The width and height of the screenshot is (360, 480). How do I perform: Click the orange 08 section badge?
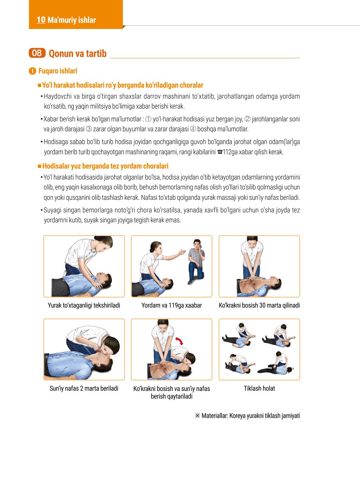[37, 53]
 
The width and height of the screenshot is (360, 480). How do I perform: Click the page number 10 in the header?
[41, 20]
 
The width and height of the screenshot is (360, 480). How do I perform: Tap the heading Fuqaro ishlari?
[58, 71]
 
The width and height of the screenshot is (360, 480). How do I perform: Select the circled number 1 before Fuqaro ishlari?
[32, 71]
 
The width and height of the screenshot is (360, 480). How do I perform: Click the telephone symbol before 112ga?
[220, 152]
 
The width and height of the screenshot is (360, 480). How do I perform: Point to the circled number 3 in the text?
[89, 129]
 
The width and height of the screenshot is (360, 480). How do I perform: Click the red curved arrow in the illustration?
[179, 341]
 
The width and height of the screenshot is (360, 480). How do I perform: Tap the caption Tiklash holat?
[259, 389]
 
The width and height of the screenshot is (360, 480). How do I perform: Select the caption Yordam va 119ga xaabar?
[172, 305]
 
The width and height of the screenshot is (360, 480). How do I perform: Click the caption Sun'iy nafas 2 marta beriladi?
[84, 389]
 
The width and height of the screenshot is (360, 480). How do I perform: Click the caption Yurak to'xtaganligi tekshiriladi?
[84, 305]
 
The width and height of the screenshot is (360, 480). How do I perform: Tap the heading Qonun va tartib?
[78, 54]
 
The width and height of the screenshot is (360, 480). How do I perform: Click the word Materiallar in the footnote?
[215, 416]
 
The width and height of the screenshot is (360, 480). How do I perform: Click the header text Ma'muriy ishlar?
[72, 20]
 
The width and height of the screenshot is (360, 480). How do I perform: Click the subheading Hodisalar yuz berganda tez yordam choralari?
[105, 166]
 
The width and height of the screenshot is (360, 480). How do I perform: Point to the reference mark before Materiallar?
[198, 416]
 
